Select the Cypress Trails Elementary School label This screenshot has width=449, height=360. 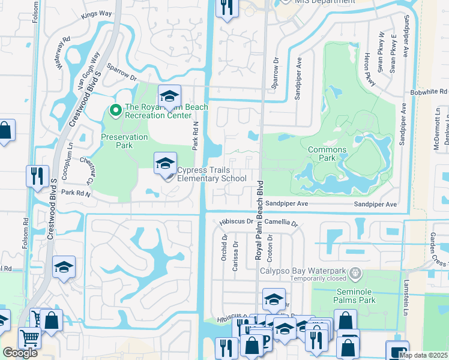pos(212,174)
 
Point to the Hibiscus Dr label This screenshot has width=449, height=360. pos(234,221)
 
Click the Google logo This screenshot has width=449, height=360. pos(20,353)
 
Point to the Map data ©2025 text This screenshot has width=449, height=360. pos(424,355)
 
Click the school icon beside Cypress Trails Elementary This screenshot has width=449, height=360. pos(165,163)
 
